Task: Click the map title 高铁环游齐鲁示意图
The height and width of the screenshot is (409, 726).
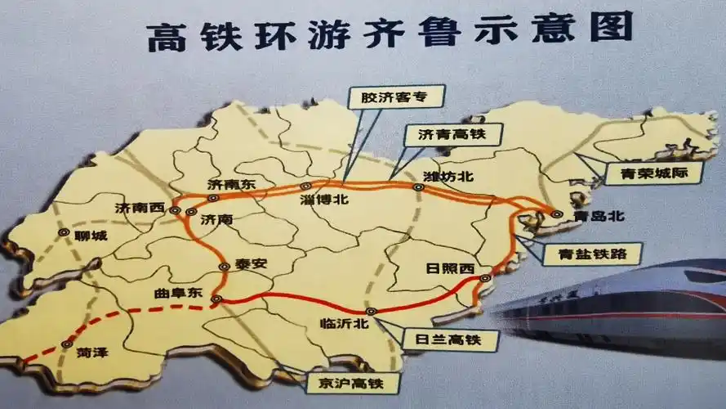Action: (390, 32)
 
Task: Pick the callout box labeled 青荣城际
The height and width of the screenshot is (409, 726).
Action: (643, 173)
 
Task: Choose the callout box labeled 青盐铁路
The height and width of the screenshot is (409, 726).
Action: (586, 253)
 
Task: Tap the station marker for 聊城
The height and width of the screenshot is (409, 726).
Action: (64, 232)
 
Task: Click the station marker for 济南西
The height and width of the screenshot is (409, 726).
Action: (175, 210)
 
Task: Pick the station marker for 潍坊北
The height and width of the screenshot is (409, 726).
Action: (418, 187)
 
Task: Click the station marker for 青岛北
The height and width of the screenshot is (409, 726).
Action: (556, 214)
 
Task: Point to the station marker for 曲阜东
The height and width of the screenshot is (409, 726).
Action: (216, 299)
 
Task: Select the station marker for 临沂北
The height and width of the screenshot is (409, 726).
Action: (370, 312)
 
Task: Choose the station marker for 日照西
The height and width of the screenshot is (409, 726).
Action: (487, 278)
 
